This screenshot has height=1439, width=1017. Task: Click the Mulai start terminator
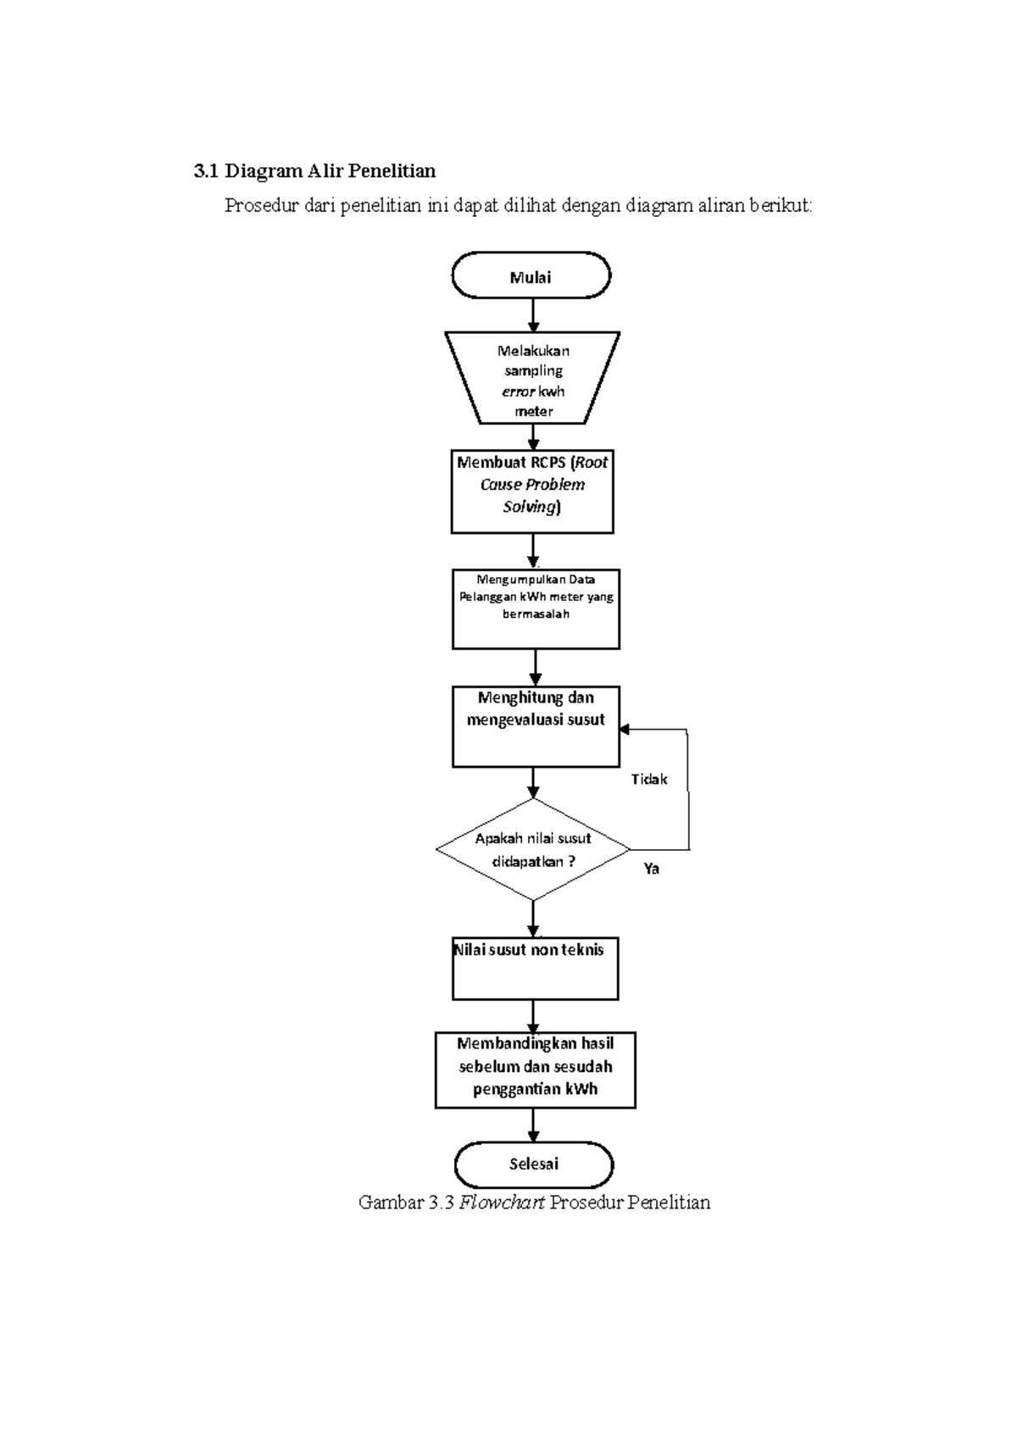pos(531,276)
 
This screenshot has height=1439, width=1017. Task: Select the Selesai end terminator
pos(533,1164)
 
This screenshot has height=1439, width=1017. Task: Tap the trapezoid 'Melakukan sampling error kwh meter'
pos(533,379)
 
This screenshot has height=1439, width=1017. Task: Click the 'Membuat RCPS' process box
pos(532,492)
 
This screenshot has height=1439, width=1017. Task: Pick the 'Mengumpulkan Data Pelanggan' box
pos(536,608)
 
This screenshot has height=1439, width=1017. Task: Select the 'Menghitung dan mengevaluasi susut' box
pos(536,726)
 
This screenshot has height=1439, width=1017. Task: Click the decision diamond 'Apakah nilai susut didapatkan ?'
pos(533,849)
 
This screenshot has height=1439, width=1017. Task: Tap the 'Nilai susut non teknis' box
pos(535,968)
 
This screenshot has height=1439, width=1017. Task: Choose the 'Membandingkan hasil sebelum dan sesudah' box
pos(535,1069)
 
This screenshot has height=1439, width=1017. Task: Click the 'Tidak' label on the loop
pos(649,779)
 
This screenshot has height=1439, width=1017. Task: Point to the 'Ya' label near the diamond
pos(651,869)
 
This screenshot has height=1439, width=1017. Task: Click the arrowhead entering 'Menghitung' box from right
pos(625,729)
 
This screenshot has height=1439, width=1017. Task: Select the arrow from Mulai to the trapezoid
pos(533,314)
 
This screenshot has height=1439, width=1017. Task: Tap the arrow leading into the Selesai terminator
pos(533,1125)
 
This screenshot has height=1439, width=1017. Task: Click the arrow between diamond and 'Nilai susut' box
pos(533,919)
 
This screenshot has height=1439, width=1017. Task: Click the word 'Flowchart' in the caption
pos(501,1202)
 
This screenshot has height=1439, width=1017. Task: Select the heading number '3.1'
pos(206,171)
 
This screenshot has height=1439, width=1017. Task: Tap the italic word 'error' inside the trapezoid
pos(519,392)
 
